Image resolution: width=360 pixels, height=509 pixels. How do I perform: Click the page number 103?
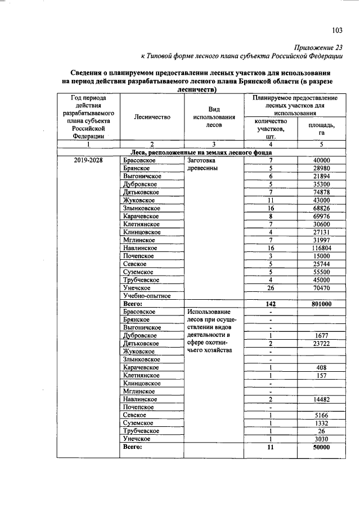337,30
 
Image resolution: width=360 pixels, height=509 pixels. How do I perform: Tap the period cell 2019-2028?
88,160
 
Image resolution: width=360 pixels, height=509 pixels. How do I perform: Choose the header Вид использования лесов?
213,117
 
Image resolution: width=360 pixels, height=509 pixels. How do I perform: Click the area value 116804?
322,247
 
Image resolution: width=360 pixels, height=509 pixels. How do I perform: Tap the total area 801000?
322,303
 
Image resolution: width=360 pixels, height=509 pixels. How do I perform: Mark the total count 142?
271,303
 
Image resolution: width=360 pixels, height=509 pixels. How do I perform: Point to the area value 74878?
322,192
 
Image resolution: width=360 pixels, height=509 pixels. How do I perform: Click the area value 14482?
322,399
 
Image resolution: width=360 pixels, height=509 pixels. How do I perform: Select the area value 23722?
322,343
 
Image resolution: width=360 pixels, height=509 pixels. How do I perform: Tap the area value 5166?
322,415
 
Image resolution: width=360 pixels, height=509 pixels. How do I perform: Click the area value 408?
322,367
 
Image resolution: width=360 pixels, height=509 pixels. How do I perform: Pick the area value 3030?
322,439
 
